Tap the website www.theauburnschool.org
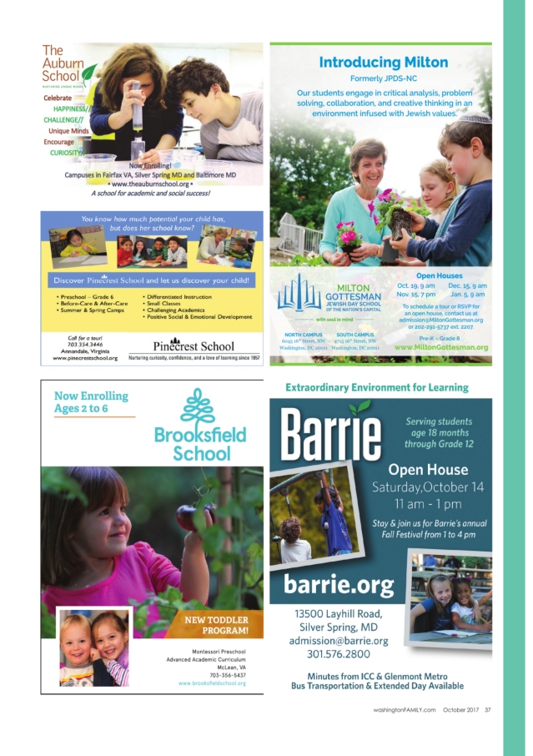tap(153, 183)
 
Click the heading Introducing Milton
tap(384, 63)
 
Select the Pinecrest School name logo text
tap(194, 345)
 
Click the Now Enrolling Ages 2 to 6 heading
tap(92, 402)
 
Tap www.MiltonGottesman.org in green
tap(440, 347)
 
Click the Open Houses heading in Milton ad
tap(439, 275)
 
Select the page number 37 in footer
tap(488, 710)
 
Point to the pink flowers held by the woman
tap(349, 234)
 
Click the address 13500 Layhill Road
tap(338, 614)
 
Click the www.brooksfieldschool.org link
tap(212, 683)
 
